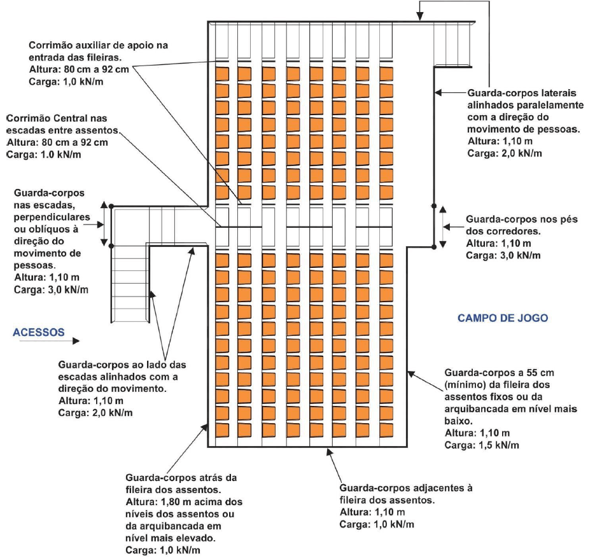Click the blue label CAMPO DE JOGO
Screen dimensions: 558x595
(503, 317)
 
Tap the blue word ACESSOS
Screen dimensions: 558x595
(39, 331)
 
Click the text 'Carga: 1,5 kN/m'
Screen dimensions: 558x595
(482, 445)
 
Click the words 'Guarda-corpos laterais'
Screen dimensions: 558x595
(515, 92)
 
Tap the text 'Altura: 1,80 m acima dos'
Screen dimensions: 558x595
(183, 501)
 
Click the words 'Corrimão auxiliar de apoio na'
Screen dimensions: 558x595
(90, 46)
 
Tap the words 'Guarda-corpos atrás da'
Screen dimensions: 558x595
(173, 477)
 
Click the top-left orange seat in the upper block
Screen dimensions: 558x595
(221, 74)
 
